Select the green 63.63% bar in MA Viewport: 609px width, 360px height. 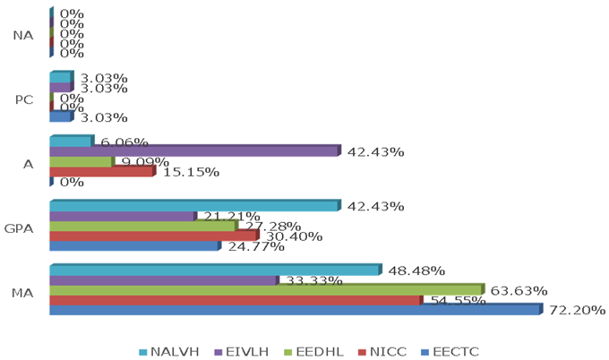[265, 290]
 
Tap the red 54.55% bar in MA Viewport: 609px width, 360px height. [234, 301]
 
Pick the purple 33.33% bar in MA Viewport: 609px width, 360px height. [163, 280]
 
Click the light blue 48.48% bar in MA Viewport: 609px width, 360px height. [214, 270]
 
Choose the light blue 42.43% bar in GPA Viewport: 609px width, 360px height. [193, 206]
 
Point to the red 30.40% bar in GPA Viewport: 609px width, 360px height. [152, 236]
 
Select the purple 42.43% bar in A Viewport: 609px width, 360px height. [193, 151]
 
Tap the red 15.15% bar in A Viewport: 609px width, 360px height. [100, 171]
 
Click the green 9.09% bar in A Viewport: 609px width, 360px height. [81, 162]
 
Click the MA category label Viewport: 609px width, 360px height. [25, 292]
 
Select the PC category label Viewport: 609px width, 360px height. [25, 99]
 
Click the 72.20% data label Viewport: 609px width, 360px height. [577, 311]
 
